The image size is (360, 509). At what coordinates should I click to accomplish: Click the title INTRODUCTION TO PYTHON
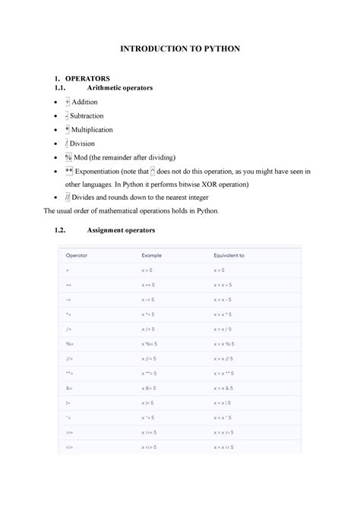pos(180,48)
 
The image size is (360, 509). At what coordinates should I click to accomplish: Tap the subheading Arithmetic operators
pos(120,88)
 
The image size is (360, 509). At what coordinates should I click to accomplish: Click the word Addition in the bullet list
pos(90,102)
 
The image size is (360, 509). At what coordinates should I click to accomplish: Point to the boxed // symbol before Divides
pos(68,198)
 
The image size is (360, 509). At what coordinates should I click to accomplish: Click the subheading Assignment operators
pos(122,229)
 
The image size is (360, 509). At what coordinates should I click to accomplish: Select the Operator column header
pos(77,255)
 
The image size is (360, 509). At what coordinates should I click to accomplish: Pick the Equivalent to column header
pos(230,255)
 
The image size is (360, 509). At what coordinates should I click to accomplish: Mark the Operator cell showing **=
pos(69,373)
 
